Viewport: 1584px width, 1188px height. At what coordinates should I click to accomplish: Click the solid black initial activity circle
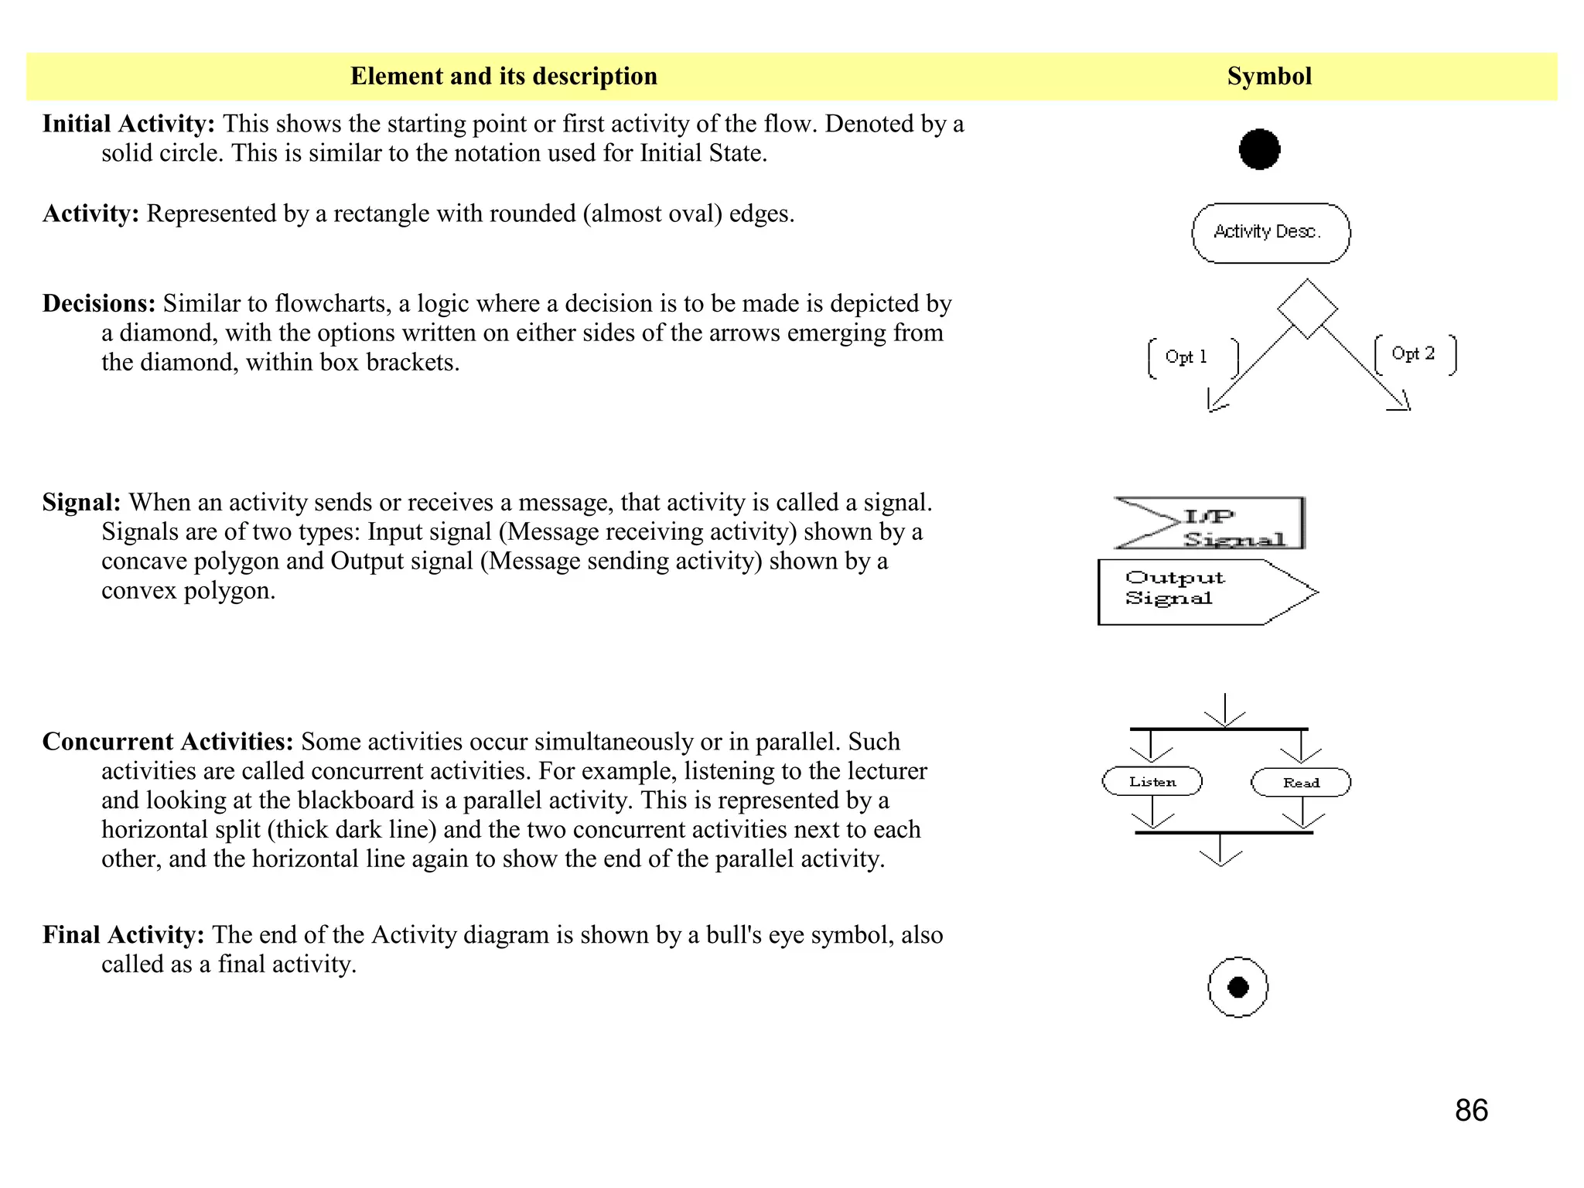1259,149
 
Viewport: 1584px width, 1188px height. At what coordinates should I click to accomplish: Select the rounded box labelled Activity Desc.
1270,233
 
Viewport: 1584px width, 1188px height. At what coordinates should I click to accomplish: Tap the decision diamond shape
1307,309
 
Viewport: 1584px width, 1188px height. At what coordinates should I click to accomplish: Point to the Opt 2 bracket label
1415,354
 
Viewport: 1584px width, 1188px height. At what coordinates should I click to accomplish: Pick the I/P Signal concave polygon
1211,524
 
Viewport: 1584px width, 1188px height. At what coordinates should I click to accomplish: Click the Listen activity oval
1152,781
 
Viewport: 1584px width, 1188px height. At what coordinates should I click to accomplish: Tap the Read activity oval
1301,782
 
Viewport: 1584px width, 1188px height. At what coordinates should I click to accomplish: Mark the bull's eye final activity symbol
1237,987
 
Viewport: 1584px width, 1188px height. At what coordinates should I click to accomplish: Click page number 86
1471,1110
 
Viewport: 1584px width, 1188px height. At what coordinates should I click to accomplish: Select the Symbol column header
1269,76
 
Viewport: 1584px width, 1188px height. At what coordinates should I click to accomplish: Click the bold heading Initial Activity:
128,124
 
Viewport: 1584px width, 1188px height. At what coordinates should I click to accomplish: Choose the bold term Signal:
81,502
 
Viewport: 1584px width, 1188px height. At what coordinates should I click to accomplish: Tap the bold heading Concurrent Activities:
168,741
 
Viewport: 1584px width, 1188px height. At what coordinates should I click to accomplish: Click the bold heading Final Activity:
123,934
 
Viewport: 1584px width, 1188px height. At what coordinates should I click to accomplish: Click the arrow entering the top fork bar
1224,710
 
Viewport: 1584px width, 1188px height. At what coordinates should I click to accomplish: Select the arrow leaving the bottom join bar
1220,850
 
